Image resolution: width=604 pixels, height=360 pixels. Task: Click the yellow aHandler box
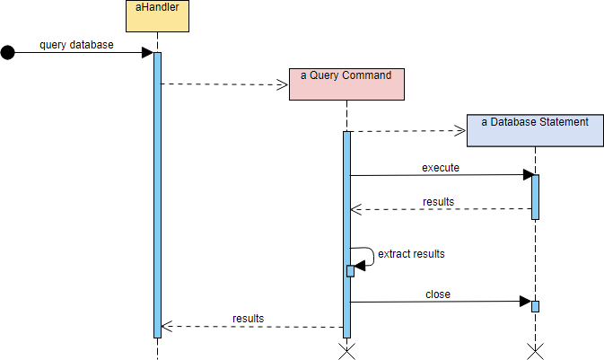[157, 16]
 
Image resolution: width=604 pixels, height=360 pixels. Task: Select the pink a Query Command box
[346, 83]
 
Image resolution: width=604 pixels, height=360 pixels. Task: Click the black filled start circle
[8, 53]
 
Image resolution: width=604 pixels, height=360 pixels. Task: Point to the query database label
[76, 45]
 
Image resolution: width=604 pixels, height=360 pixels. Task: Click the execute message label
[440, 167]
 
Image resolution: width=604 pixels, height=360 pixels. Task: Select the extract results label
[411, 254]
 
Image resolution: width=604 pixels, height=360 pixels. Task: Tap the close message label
[438, 294]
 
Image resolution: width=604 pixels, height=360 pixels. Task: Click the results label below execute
[438, 201]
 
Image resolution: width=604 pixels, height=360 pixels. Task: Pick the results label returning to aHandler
[248, 318]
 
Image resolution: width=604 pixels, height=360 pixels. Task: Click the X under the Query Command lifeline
[346, 350]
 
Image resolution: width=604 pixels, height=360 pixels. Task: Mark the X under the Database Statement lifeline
[535, 350]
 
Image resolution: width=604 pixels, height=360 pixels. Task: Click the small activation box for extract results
[350, 270]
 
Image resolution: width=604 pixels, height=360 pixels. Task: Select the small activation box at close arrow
[535, 306]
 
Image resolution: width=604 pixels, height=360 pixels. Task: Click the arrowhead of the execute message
[529, 175]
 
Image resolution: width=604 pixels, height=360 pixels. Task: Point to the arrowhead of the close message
[529, 303]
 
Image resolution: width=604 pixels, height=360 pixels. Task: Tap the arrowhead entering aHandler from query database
[148, 53]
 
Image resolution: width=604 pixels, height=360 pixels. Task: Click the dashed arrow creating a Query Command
[224, 84]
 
